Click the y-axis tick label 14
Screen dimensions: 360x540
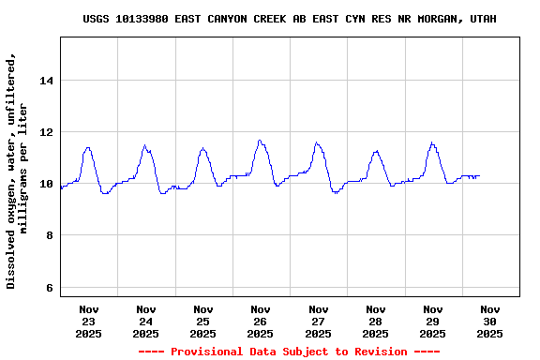pyautogui.click(x=45, y=81)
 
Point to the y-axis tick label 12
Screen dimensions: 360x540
pyautogui.click(x=45, y=132)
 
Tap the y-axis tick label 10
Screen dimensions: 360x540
pyautogui.click(x=45, y=184)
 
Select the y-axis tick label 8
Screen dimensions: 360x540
pyautogui.click(x=49, y=235)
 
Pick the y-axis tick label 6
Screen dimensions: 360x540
pyautogui.click(x=49, y=287)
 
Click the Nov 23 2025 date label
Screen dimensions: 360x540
pyautogui.click(x=89, y=321)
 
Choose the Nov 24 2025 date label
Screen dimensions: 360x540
pyautogui.click(x=146, y=321)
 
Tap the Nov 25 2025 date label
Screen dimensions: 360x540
pyautogui.click(x=203, y=321)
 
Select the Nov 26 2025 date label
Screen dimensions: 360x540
pyautogui.click(x=261, y=321)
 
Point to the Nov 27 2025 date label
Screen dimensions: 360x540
pyautogui.click(x=318, y=321)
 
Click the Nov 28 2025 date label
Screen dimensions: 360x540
pyautogui.click(x=375, y=321)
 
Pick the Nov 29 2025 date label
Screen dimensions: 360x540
pyautogui.click(x=432, y=321)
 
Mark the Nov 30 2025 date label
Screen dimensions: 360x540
pyautogui.click(x=489, y=321)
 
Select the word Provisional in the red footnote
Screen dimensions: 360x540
pyautogui.click(x=204, y=352)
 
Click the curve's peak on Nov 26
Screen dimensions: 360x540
pyautogui.click(x=260, y=141)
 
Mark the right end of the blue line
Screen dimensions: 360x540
pyautogui.click(x=479, y=175)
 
